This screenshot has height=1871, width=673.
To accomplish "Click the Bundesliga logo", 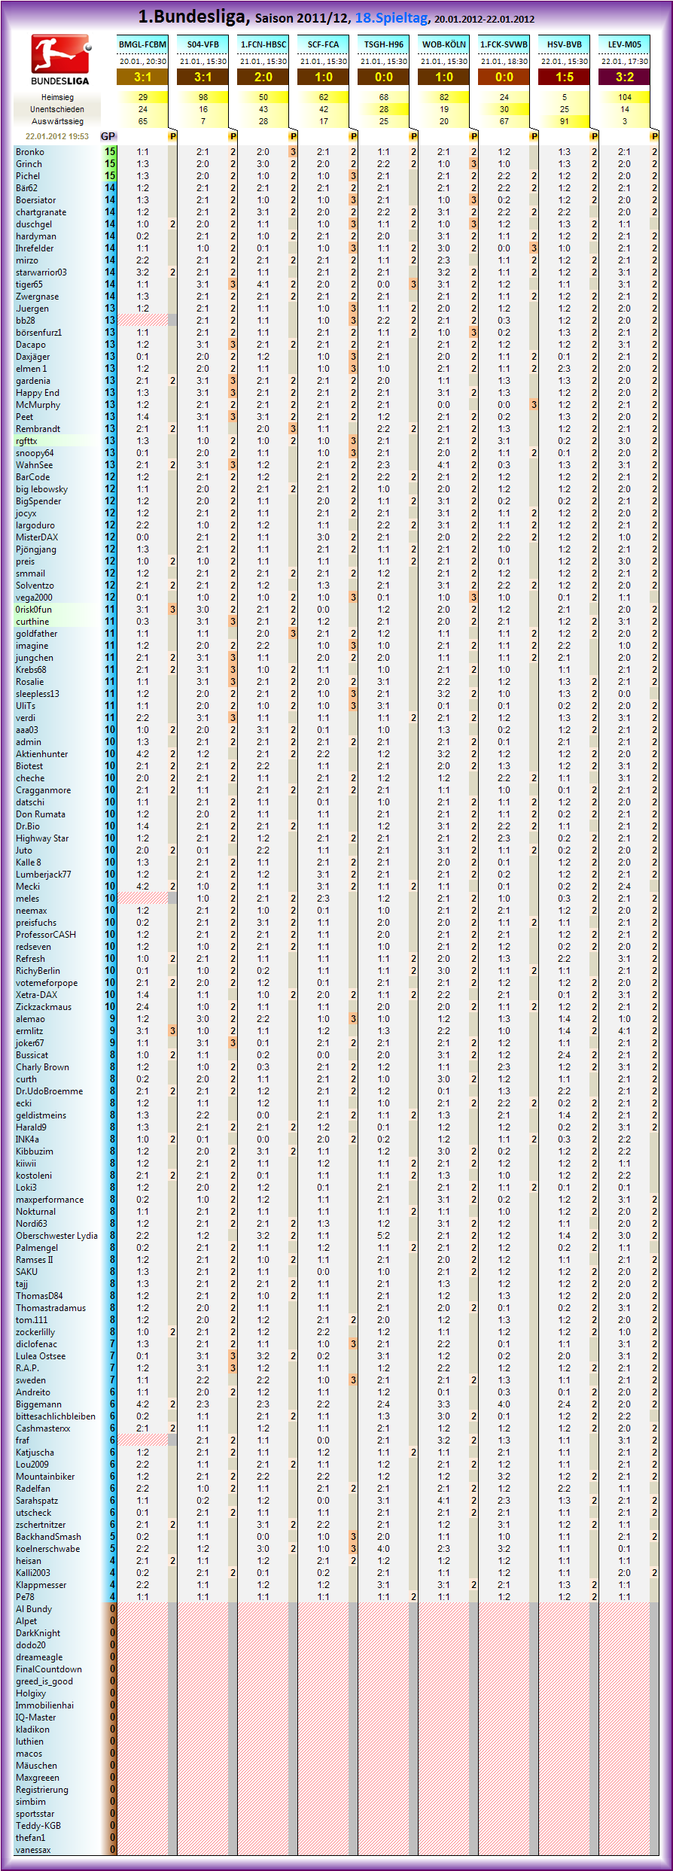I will [59, 59].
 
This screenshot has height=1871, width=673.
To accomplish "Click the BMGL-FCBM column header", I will [143, 44].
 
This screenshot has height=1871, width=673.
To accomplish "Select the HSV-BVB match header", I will [565, 44].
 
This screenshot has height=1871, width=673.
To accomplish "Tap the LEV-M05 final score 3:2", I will [625, 77].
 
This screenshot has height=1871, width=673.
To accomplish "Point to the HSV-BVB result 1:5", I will [565, 77].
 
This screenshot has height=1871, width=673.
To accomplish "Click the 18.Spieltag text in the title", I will [391, 17].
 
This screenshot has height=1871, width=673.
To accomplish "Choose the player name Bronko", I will [30, 152].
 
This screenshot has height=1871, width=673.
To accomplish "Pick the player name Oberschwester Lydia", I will [56, 1235].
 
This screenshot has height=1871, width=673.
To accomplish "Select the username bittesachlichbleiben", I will [56, 1416].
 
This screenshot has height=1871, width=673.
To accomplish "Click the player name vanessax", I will [33, 1849].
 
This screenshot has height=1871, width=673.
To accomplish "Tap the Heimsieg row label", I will [57, 97].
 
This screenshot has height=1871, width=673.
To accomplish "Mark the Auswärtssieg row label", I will [57, 121].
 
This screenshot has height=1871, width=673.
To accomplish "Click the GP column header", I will [108, 136].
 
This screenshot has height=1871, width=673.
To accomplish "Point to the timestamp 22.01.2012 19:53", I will [56, 136].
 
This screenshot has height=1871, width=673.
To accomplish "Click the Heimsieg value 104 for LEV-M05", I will [625, 97].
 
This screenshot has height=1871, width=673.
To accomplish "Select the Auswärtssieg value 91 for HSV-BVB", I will [565, 121].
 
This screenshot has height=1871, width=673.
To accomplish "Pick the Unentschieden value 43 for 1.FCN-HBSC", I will [263, 109].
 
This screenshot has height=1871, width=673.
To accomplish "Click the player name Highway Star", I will [42, 838].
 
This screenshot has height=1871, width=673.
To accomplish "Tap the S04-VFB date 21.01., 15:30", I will [203, 61].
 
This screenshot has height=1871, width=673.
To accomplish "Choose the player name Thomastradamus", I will [50, 1307].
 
